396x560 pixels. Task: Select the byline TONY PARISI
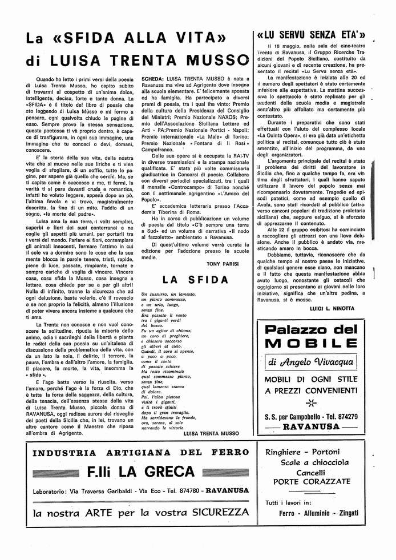coord(225,264)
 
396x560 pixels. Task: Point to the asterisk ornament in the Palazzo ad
coord(310,403)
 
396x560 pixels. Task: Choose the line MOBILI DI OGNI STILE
coord(311,380)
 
